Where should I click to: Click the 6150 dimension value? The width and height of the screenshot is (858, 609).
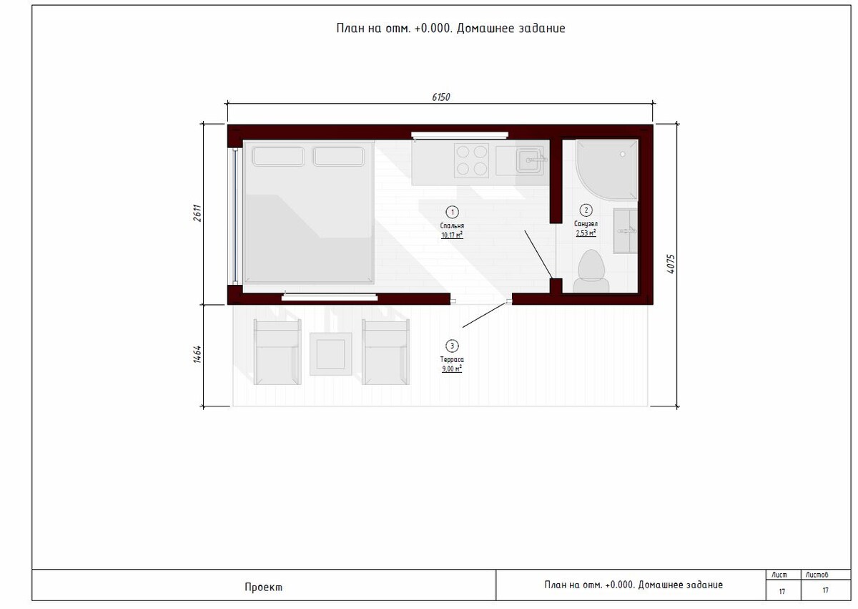441,97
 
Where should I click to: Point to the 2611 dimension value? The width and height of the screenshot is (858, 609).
197,213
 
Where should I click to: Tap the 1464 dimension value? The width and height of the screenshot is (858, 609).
197,354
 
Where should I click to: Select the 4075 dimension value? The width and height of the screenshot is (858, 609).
671,263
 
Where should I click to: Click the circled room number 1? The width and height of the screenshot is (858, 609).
452,212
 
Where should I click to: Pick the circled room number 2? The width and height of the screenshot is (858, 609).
586,210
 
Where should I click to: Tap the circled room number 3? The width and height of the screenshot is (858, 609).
452,346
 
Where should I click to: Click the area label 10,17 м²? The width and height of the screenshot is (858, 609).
452,235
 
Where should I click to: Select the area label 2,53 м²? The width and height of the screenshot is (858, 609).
586,233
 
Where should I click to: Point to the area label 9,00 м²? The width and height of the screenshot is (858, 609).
452,369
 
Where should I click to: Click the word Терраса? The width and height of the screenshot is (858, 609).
452,359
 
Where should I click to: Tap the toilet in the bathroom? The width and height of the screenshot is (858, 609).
591,271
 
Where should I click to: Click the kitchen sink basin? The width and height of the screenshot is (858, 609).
529,160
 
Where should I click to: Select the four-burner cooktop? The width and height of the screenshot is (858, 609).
471,160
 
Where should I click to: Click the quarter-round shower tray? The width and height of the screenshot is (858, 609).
606,170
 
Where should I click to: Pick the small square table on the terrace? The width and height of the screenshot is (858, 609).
330,354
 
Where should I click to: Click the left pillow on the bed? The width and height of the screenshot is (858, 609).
278,157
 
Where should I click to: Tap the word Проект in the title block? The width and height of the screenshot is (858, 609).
264,587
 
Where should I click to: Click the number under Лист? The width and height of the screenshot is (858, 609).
781,591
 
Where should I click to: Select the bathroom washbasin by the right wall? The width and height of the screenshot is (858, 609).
625,230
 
